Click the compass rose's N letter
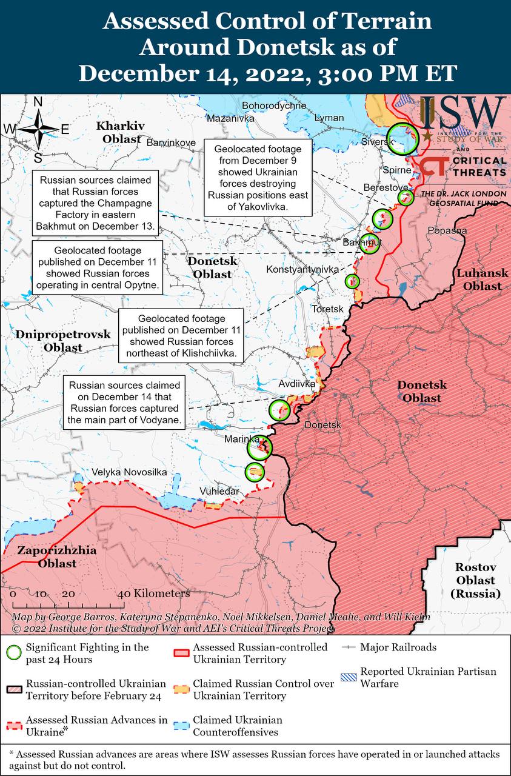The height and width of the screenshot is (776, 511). tap(38, 102)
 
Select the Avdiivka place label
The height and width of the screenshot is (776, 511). tap(297, 384)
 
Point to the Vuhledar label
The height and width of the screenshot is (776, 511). tap(219, 491)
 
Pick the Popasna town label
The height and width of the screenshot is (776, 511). tap(447, 230)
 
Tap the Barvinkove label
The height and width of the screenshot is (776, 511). tap(172, 142)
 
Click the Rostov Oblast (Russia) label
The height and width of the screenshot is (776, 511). tap(476, 580)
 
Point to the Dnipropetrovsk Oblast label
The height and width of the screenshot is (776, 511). tap(63, 341)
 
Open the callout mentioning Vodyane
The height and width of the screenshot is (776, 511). tap(124, 403)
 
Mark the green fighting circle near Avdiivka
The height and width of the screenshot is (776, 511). tap(280, 410)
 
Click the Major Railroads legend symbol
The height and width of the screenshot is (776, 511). tap(348, 647)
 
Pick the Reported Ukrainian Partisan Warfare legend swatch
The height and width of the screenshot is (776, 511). tap(348, 677)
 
